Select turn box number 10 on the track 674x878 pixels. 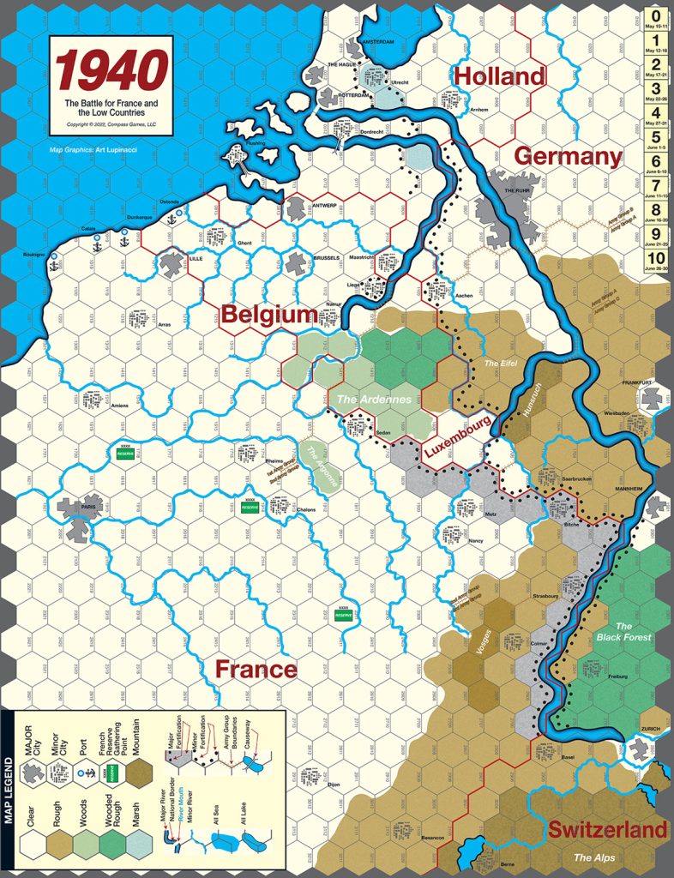(x=655, y=260)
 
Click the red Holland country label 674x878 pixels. (x=499, y=77)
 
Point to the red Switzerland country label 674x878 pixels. (x=607, y=829)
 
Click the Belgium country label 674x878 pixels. (x=269, y=316)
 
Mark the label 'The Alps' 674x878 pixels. (x=594, y=857)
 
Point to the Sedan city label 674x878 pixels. (x=383, y=433)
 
